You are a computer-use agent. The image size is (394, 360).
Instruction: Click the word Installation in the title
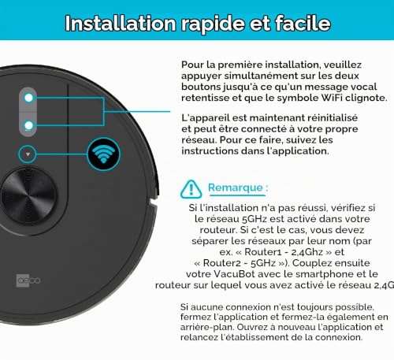tap(121, 24)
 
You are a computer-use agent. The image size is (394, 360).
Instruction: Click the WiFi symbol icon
tap(103, 154)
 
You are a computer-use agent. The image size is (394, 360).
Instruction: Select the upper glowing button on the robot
tap(28, 98)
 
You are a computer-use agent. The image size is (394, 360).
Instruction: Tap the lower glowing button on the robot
tap(28, 125)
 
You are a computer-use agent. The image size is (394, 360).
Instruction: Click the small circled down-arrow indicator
tap(28, 154)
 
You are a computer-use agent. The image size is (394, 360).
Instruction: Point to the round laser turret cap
tap(28, 196)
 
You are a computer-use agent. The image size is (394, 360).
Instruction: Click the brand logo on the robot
tap(28, 280)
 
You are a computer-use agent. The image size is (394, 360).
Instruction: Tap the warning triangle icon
tap(191, 189)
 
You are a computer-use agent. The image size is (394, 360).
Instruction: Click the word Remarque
tap(236, 187)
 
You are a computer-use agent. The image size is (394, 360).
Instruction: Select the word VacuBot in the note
tap(234, 274)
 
